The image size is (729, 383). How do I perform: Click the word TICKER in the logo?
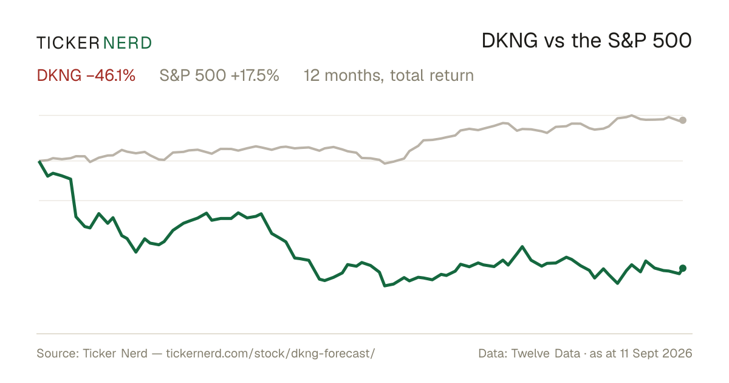click(68, 43)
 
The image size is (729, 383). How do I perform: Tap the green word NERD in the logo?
click(128, 43)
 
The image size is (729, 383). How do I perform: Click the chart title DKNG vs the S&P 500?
click(586, 41)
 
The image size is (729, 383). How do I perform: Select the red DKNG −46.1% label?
click(86, 75)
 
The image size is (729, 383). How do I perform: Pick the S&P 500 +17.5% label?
click(219, 75)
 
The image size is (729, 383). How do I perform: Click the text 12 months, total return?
click(389, 76)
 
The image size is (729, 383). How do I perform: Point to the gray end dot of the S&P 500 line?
click(683, 120)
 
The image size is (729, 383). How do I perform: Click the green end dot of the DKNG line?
click(683, 268)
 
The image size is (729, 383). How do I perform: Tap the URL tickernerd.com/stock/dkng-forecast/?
click(270, 353)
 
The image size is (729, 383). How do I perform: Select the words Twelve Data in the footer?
click(546, 353)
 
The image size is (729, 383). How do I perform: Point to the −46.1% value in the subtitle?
click(111, 75)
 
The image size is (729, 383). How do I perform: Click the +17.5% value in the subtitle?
click(255, 75)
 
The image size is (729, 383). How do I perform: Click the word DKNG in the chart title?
click(510, 41)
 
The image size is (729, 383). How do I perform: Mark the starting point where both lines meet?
click(39, 161)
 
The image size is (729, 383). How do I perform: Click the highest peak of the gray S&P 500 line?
click(632, 116)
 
